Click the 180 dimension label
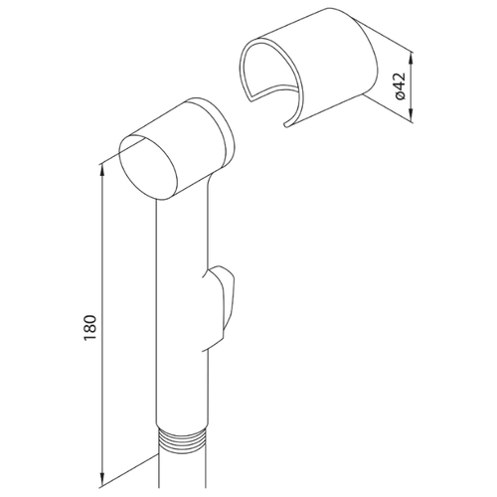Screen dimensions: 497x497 tap(90, 327)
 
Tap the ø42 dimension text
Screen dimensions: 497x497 tap(400, 85)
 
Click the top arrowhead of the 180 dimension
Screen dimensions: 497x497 tap(103, 171)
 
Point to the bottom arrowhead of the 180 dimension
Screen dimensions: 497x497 tap(103, 478)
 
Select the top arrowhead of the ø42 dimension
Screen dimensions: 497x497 tap(412, 59)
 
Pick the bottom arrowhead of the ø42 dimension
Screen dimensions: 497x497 tap(412, 114)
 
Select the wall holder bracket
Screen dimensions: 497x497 tap(308, 67)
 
